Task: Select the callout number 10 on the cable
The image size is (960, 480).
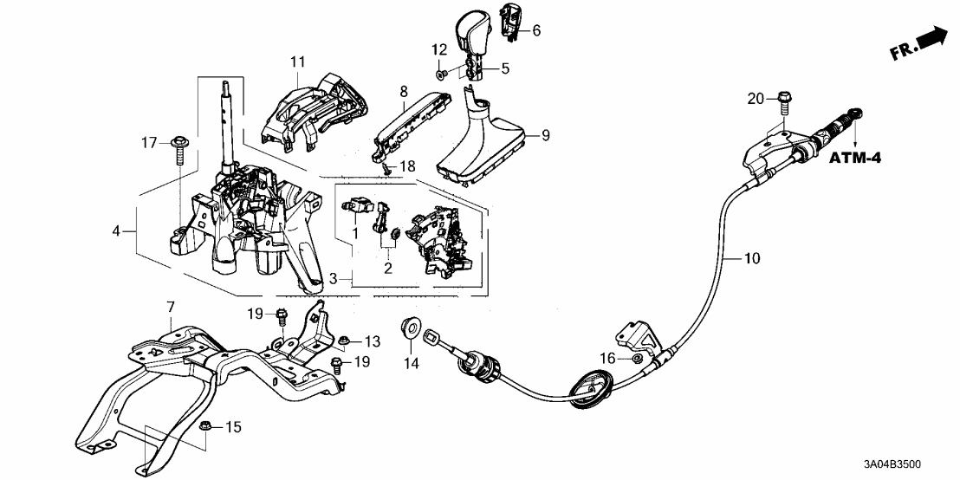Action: click(751, 257)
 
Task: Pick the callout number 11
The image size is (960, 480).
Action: click(298, 62)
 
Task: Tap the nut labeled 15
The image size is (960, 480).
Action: click(207, 425)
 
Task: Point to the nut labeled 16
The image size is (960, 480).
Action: click(636, 357)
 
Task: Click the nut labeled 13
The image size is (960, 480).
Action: click(344, 339)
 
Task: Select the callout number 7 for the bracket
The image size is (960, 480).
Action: click(171, 307)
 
